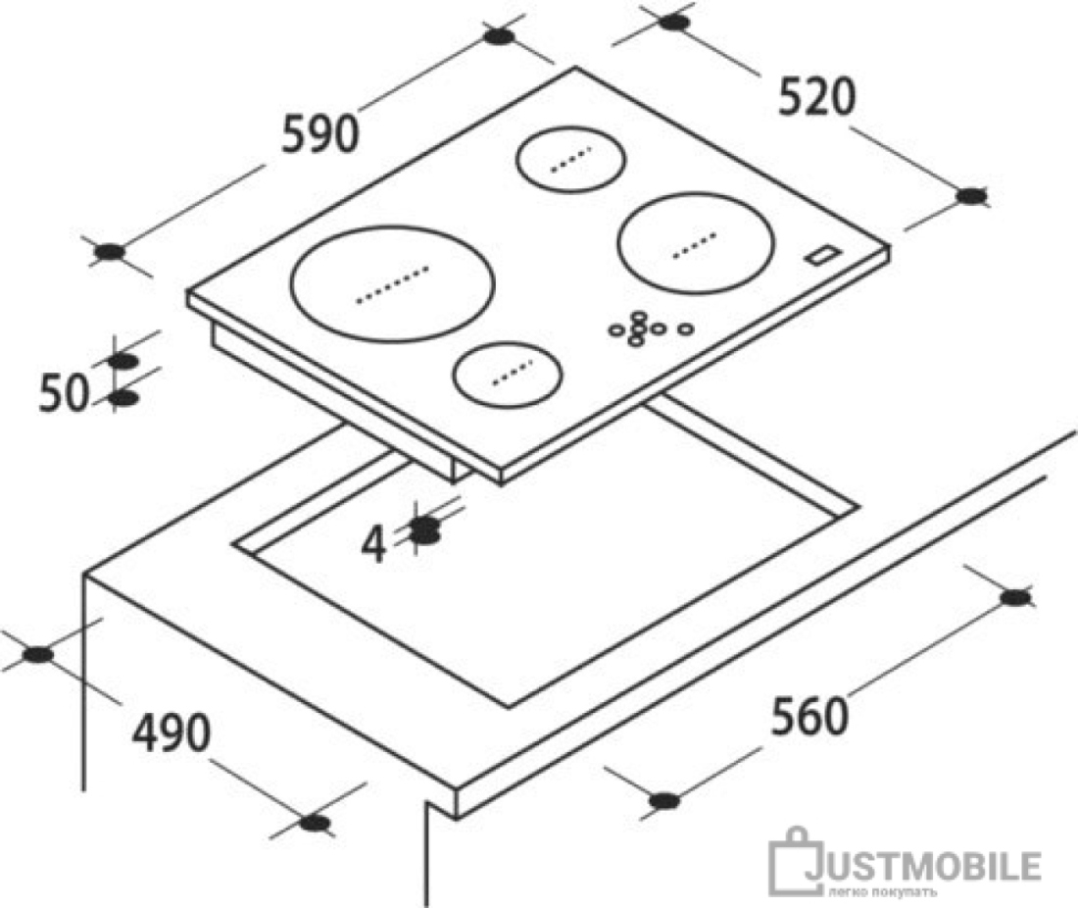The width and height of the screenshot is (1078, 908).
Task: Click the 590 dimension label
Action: [x=320, y=133]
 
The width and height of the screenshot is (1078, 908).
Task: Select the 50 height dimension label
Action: [x=64, y=394]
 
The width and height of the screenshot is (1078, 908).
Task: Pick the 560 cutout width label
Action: [x=809, y=716]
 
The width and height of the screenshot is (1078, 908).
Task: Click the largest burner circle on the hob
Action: [x=393, y=283]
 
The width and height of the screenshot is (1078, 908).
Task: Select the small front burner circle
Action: [x=508, y=375]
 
